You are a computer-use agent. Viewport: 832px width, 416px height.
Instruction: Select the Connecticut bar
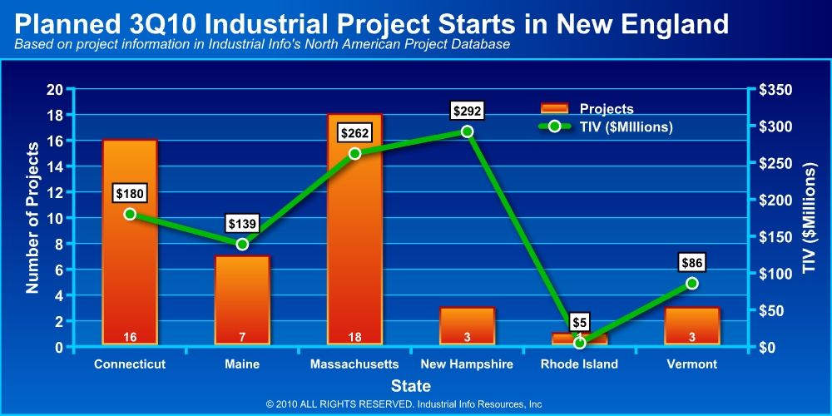click(x=130, y=266)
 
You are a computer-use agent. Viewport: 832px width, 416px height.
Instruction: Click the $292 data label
click(x=467, y=110)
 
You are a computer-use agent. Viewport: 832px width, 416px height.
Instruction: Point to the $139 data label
click(x=242, y=223)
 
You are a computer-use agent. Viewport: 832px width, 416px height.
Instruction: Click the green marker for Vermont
click(x=691, y=284)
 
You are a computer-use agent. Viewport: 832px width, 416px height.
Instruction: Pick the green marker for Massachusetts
click(x=354, y=153)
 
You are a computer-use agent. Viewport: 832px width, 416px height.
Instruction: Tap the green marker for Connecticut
click(x=130, y=214)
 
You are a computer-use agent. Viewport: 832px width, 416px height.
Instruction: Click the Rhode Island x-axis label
click(x=579, y=364)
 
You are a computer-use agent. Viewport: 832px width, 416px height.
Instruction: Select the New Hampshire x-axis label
click(x=467, y=364)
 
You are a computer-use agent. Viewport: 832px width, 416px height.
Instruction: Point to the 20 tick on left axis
click(x=55, y=90)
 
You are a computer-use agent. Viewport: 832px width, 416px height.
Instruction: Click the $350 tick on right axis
click(x=770, y=90)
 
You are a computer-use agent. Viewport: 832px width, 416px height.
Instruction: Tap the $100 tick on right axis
click(x=770, y=274)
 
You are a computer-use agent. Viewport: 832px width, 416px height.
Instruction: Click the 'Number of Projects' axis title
click(x=33, y=218)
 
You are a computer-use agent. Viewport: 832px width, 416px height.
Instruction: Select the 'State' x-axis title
click(x=411, y=386)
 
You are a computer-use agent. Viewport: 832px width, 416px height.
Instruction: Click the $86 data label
click(x=691, y=263)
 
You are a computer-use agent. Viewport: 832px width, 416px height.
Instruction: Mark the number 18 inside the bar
click(x=354, y=336)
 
